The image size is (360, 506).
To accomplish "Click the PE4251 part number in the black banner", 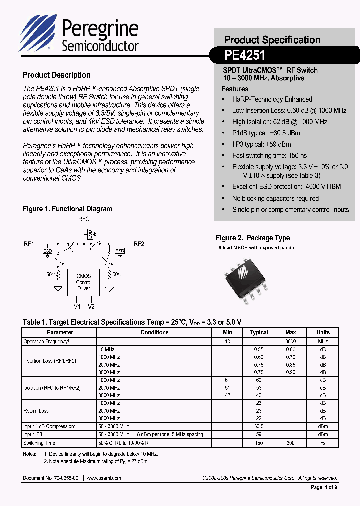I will pyautogui.click(x=245, y=54).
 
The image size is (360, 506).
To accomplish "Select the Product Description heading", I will pyautogui.click(x=57, y=75).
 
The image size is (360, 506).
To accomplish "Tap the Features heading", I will pyautogui.click(x=235, y=89).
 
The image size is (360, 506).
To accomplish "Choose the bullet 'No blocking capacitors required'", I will pyautogui.click(x=275, y=198).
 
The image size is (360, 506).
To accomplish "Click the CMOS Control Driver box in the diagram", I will pyautogui.click(x=83, y=282).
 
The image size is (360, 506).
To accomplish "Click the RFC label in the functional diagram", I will pyautogui.click(x=84, y=219).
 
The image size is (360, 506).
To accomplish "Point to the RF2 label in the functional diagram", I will pyautogui.click(x=139, y=244).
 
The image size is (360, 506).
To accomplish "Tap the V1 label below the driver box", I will pyautogui.click(x=77, y=306).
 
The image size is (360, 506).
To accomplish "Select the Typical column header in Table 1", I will pyautogui.click(x=259, y=332).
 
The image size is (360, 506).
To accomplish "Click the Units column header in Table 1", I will pyautogui.click(x=323, y=332).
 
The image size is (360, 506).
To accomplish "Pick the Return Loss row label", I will pyautogui.click(x=36, y=411).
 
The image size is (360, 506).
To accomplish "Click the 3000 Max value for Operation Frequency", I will pyautogui.click(x=290, y=341).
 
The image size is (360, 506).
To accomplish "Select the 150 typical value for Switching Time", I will pyautogui.click(x=259, y=443).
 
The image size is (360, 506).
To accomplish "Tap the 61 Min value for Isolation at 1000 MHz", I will pyautogui.click(x=227, y=380).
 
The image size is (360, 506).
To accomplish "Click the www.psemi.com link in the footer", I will pyautogui.click(x=104, y=478).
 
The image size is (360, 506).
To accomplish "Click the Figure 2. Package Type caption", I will pyautogui.click(x=252, y=238).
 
